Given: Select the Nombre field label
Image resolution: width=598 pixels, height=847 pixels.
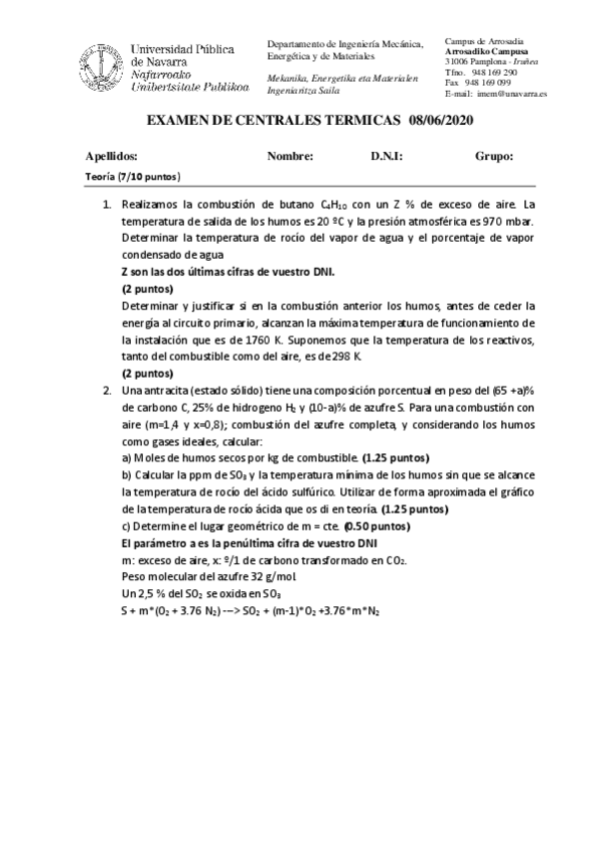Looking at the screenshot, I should pos(291,156).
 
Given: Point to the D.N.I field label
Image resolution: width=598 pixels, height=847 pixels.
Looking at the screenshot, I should pos(386,156).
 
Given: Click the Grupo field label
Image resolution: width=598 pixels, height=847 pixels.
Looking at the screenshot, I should pos(495,156).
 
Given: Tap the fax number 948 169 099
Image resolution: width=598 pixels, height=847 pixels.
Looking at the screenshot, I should pos(489,83).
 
